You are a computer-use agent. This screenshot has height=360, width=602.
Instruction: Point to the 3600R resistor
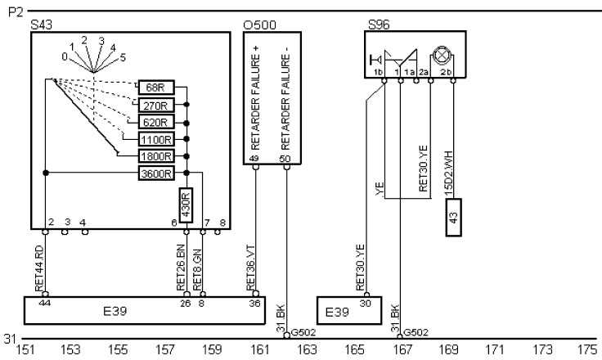pos(156,173)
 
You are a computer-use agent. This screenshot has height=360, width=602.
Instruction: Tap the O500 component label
pos(257,26)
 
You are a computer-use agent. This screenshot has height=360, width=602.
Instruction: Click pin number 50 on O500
pos(285,159)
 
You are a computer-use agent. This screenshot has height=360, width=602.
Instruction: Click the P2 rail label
pos(11,11)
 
